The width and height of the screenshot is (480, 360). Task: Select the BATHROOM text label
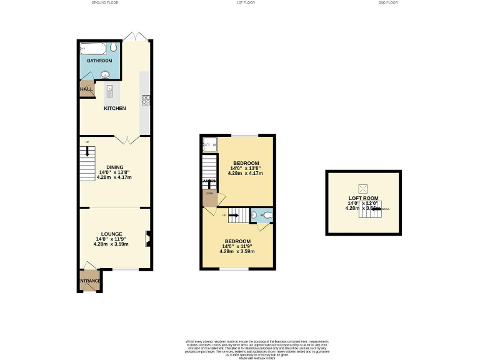pyautogui.click(x=99, y=61)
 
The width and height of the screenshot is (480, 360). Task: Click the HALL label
pyautogui.click(x=86, y=89)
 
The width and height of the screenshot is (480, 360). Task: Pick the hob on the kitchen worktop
pyautogui.click(x=146, y=98)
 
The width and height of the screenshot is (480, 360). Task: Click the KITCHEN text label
pyautogui.click(x=114, y=108)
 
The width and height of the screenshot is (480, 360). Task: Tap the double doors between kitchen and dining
pyautogui.click(x=126, y=139)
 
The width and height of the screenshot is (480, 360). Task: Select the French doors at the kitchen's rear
pyautogui.click(x=136, y=36)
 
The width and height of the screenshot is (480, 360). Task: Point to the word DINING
pyautogui.click(x=114, y=167)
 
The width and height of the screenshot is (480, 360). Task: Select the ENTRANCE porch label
pyautogui.click(x=90, y=281)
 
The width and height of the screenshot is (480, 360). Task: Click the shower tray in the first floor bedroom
pyautogui.click(x=209, y=144)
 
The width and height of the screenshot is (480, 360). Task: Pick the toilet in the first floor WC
pyautogui.click(x=267, y=216)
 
